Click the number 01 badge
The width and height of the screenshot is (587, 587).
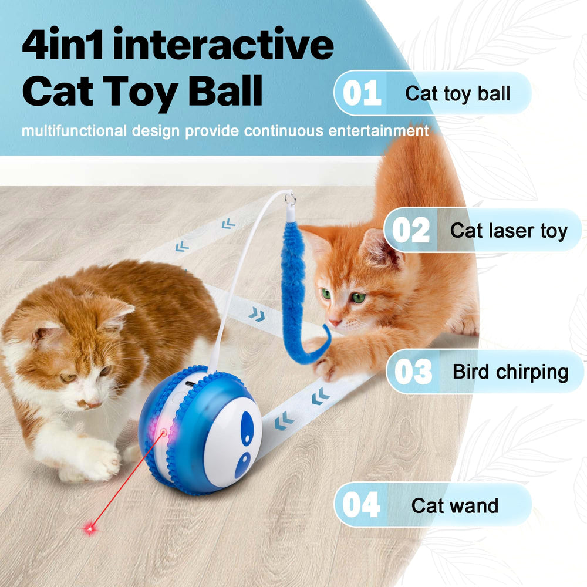click(362, 93)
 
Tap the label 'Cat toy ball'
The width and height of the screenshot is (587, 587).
click(458, 93)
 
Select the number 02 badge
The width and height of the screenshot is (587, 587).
click(411, 230)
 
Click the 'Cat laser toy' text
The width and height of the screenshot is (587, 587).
click(509, 231)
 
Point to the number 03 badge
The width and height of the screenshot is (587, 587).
click(413, 372)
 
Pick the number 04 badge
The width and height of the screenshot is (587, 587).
click(361, 505)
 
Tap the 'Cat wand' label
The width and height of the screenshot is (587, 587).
click(455, 505)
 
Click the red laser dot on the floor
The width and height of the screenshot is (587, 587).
click(90, 529)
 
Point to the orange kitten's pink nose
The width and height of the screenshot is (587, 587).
click(335, 322)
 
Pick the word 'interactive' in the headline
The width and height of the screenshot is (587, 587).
click(223, 46)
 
